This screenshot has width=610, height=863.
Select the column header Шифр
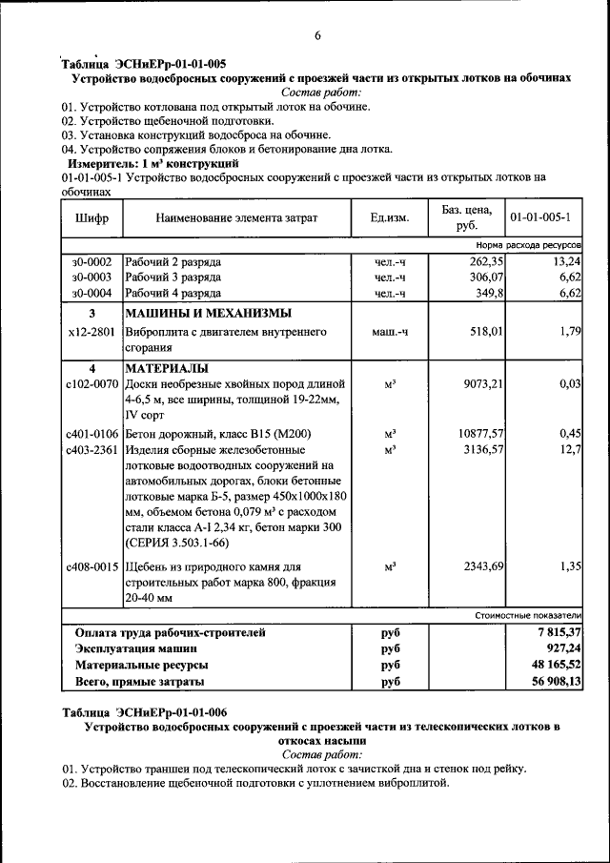coord(91,218)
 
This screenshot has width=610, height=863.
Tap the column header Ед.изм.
coord(390,218)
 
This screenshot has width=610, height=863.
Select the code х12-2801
coord(91,332)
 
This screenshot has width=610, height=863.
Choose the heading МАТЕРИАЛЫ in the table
coord(166,368)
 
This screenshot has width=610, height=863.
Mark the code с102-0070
coord(91,383)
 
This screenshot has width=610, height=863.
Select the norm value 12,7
coord(572,449)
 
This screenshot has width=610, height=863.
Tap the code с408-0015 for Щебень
coord(91,566)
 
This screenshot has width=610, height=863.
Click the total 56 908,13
coord(556,682)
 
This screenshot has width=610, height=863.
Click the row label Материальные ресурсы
coord(142,665)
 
